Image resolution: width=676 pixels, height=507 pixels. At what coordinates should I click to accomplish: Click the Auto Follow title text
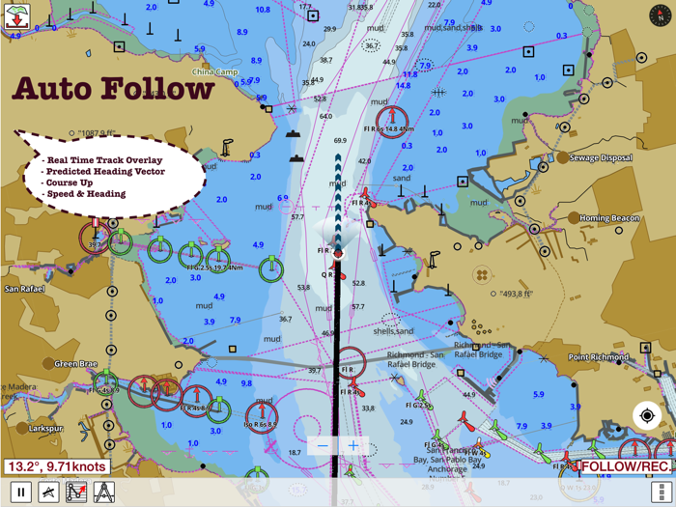[113, 89]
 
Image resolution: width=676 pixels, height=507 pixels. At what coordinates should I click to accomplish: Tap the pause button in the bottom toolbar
[19, 493]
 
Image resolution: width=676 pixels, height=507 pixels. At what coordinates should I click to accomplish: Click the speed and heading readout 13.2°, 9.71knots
[56, 467]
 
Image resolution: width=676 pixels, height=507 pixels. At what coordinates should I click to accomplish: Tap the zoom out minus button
[324, 446]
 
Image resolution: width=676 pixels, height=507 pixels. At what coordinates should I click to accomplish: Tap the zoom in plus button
[353, 446]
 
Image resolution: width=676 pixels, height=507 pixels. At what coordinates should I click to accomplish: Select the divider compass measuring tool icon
[104, 493]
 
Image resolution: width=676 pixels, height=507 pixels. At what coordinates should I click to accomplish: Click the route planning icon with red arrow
[76, 493]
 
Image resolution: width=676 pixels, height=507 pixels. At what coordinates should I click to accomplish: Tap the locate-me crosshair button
[647, 416]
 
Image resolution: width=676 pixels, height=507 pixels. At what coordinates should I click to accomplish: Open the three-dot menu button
[661, 493]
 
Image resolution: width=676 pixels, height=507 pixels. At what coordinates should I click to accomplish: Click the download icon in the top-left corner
[17, 16]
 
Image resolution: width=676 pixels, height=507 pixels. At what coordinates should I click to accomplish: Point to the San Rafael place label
[26, 289]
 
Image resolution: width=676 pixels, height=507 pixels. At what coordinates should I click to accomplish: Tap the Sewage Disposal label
[601, 158]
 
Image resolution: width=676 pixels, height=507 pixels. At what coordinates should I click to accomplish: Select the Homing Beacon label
[609, 218]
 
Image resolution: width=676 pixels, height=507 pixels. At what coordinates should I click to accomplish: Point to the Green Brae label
[75, 364]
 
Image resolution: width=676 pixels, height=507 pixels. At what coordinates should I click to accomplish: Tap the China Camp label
[214, 72]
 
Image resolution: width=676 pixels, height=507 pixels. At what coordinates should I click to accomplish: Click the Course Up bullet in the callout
[73, 183]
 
